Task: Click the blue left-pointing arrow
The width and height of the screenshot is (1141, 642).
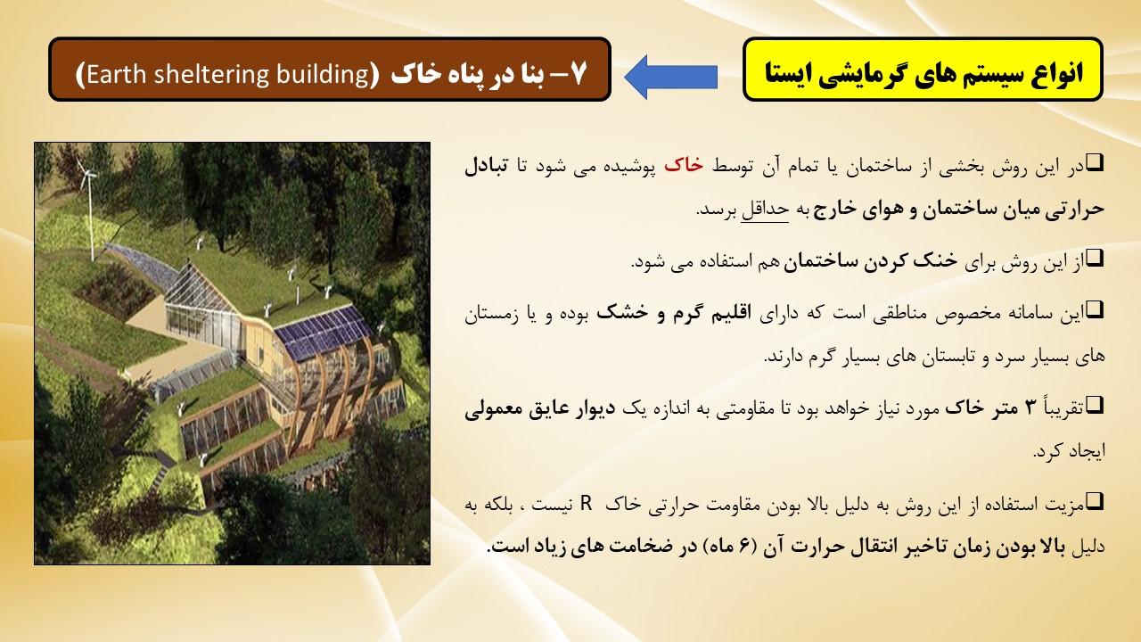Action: (670, 77)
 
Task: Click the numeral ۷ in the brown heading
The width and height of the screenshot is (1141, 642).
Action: (578, 74)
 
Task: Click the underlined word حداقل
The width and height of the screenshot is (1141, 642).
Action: (765, 210)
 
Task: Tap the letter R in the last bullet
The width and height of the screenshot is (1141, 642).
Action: (587, 504)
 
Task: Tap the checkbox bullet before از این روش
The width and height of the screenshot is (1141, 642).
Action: (1095, 258)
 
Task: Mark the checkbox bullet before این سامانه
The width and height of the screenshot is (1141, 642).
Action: (1095, 309)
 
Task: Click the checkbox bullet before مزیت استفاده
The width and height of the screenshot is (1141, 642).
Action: (1095, 501)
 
